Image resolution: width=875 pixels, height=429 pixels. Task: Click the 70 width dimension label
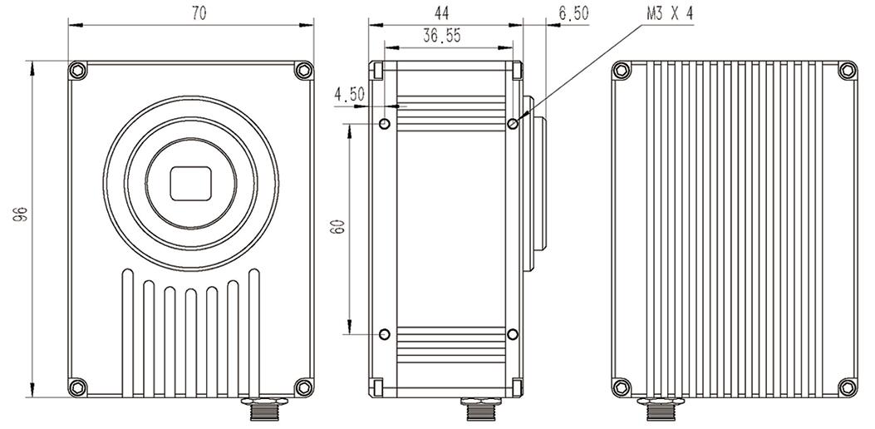(198, 14)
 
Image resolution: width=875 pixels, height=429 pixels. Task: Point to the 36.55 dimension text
(442, 36)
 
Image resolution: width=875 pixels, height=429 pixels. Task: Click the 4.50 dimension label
(350, 95)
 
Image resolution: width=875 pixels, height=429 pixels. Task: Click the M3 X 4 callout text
(669, 14)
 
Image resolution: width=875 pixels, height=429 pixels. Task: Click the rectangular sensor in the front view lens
(191, 183)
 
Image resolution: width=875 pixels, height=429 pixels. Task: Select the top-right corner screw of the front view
(304, 71)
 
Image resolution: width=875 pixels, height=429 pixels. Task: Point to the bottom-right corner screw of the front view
(304, 386)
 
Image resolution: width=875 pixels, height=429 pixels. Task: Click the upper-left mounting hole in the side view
(385, 124)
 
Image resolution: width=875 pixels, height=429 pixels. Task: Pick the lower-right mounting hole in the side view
(513, 334)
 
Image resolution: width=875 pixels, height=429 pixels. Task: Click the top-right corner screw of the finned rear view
(847, 71)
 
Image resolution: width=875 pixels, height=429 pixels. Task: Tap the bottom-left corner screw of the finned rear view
(620, 386)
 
